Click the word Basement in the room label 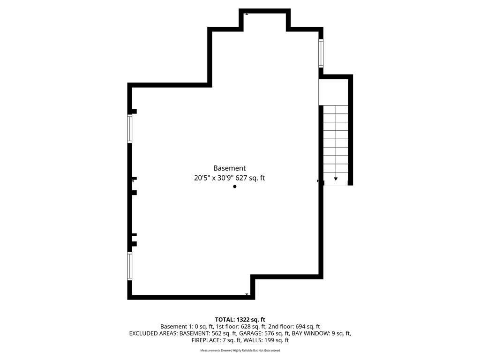(229, 168)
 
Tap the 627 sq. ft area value (250, 178)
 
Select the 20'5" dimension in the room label (202, 178)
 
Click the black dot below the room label (235, 187)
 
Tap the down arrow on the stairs (336, 179)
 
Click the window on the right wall (321, 53)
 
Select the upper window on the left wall (130, 128)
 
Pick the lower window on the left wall (130, 266)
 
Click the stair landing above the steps (334, 92)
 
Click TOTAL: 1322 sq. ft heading (240, 320)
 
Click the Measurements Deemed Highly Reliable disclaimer (240, 350)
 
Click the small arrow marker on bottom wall (247, 294)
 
